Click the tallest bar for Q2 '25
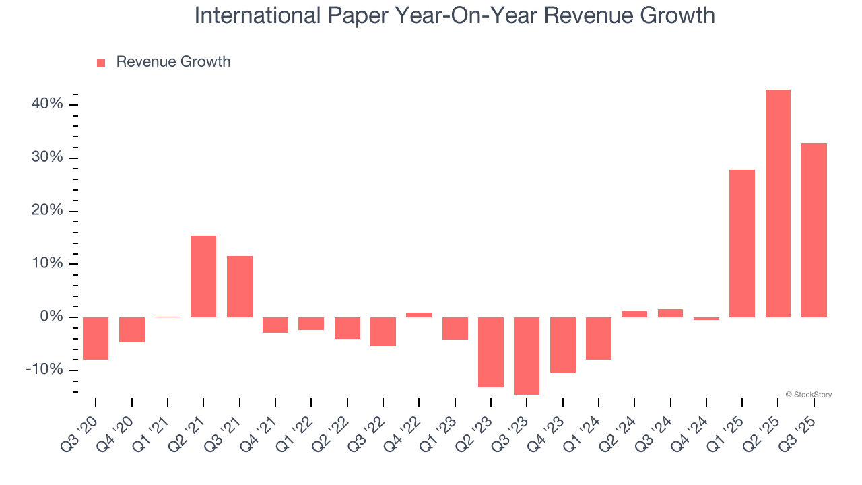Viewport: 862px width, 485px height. (x=778, y=203)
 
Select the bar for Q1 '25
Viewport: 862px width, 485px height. (x=742, y=243)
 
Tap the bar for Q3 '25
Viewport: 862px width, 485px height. (x=814, y=230)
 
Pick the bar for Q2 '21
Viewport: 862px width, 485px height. (x=203, y=276)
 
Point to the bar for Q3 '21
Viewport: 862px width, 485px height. (x=239, y=286)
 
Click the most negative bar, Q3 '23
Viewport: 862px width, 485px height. (x=527, y=356)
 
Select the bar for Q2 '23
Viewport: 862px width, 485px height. (x=491, y=352)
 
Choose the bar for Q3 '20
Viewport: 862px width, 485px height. (x=96, y=338)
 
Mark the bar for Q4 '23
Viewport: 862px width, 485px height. (x=562, y=344)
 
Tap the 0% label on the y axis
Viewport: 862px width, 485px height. (x=51, y=317)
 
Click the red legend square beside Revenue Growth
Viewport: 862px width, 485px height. (x=101, y=63)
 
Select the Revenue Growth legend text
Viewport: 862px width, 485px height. (x=173, y=62)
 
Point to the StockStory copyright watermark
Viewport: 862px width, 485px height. (x=808, y=395)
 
